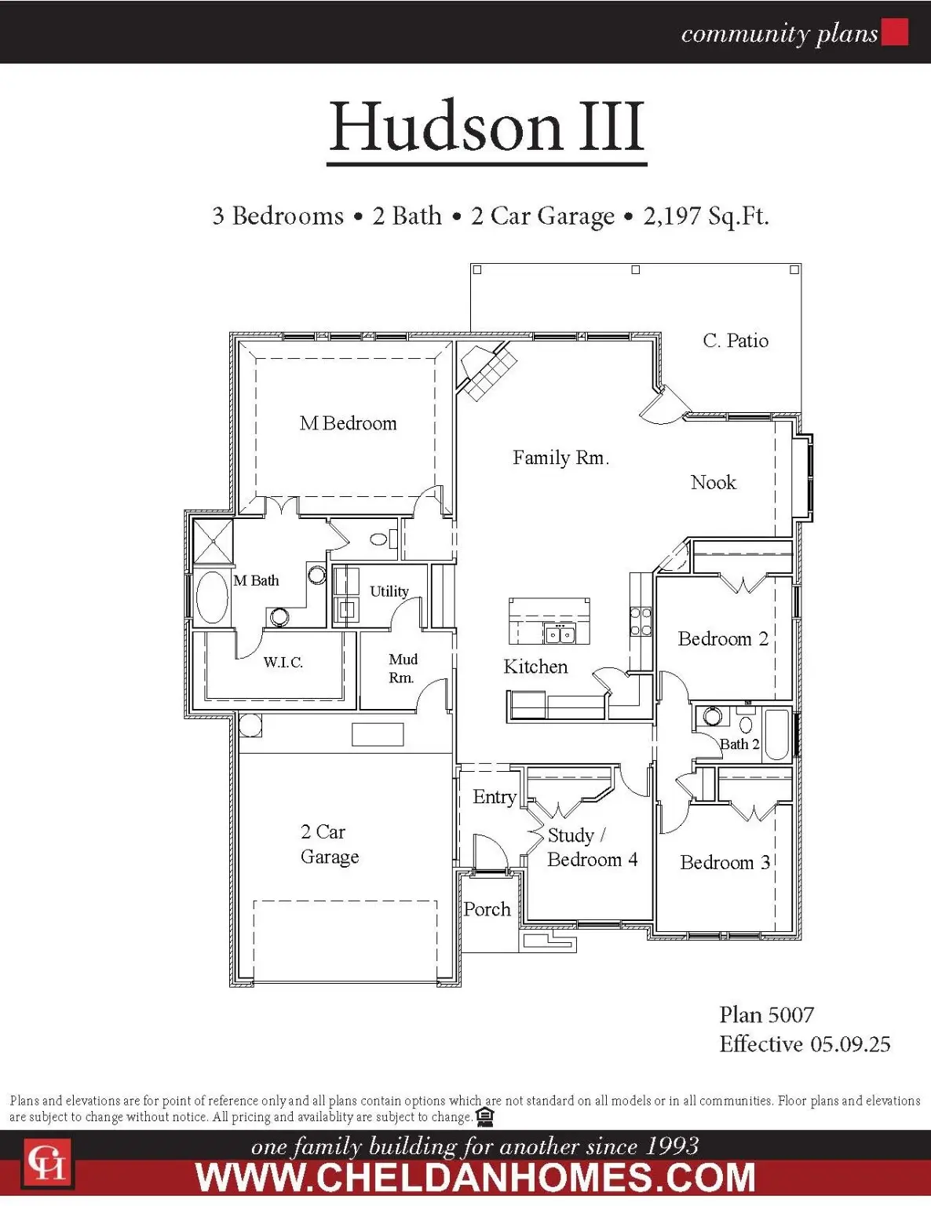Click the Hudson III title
(487, 127)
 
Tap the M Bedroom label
(349, 423)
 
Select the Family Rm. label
(560, 458)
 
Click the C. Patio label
(736, 341)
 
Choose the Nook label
(713, 482)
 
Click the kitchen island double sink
(560, 634)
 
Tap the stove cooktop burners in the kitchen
(641, 621)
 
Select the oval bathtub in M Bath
(211, 598)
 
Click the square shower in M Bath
(213, 541)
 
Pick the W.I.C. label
(283, 663)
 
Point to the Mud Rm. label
(403, 668)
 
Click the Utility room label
(389, 591)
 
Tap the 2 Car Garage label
(330, 844)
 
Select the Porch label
(487, 909)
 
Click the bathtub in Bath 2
(776, 735)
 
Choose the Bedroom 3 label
(725, 862)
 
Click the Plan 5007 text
(766, 1015)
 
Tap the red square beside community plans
(895, 32)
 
